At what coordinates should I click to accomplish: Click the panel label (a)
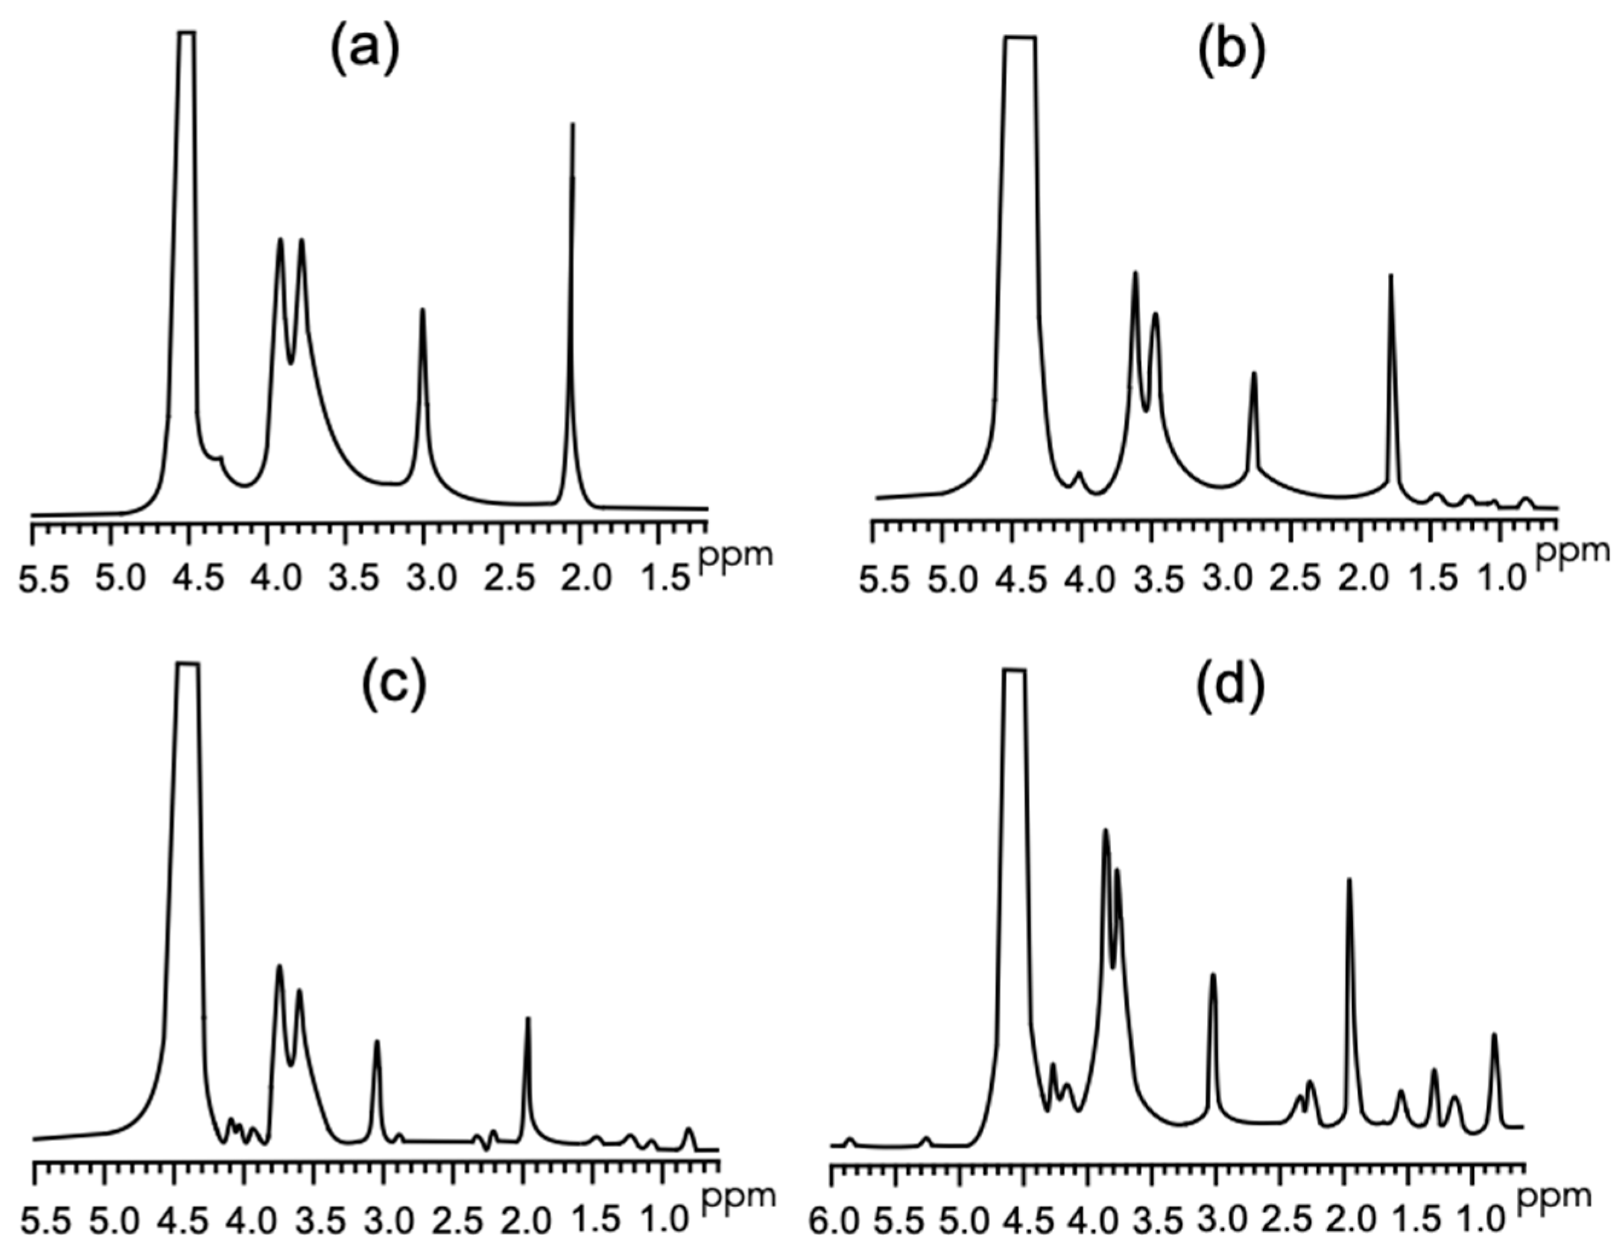tap(365, 53)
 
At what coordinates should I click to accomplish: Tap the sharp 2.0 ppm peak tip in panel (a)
tap(572, 125)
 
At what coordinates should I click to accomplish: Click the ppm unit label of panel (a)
tap(735, 554)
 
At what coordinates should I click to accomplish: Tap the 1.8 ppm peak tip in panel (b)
tap(1391, 276)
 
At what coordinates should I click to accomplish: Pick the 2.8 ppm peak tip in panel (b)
tap(1254, 373)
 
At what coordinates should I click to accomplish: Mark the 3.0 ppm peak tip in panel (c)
tap(377, 1041)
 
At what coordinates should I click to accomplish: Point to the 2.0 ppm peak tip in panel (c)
tap(528, 1019)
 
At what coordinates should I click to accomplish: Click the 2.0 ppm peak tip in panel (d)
tap(1350, 880)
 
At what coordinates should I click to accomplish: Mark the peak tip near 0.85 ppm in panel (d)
tap(1494, 1034)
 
